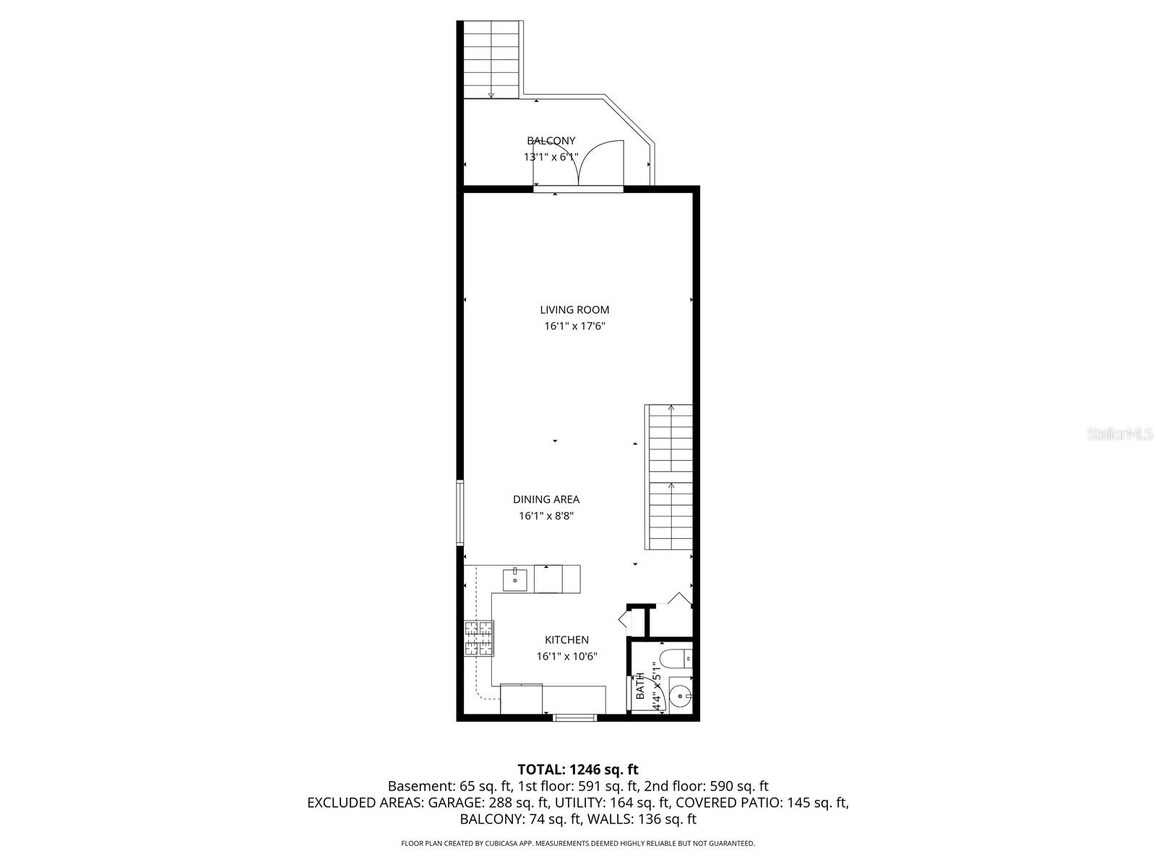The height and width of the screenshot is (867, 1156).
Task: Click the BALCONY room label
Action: [x=551, y=141]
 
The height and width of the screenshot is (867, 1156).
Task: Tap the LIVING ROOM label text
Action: [x=574, y=310]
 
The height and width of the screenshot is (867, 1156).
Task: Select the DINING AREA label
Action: [x=546, y=499]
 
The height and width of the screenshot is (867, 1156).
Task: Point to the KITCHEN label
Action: [x=566, y=639]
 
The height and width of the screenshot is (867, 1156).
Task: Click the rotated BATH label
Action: [x=640, y=686]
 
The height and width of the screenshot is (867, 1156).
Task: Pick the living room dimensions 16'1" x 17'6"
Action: [x=574, y=326]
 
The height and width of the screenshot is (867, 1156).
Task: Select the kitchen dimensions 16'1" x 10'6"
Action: [x=566, y=657]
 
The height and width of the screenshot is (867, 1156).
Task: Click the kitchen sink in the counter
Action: [x=515, y=579]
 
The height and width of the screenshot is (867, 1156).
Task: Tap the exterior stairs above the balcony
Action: [x=491, y=59]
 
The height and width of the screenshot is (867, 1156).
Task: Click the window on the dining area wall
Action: [x=460, y=513]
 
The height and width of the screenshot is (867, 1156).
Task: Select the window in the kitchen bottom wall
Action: [x=575, y=717]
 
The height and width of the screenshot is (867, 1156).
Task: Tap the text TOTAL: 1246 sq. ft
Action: [x=578, y=769]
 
